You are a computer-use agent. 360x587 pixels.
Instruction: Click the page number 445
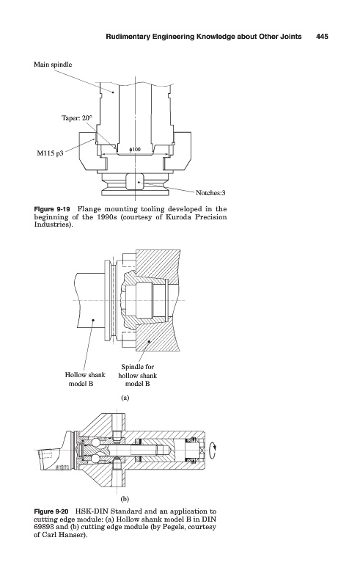coord(322,36)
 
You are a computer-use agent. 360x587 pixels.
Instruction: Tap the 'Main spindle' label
coord(53,65)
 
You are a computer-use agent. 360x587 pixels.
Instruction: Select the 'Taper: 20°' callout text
coord(76,118)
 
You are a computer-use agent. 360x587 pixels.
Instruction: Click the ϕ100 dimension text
coord(135,150)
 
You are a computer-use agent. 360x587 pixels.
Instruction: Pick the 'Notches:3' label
coord(210,193)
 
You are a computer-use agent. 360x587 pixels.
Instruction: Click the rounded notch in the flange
coord(135,181)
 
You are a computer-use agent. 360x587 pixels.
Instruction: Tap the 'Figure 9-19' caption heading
coord(52,209)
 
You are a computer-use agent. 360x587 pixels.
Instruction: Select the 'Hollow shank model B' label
coord(85,379)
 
